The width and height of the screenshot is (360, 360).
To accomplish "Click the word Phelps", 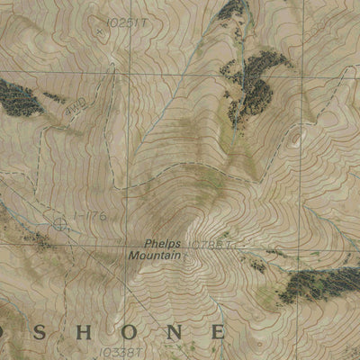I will tap(162, 244).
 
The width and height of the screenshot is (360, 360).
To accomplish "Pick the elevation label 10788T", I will tap(213, 244).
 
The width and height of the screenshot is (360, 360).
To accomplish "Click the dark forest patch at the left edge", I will tap(20, 97).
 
